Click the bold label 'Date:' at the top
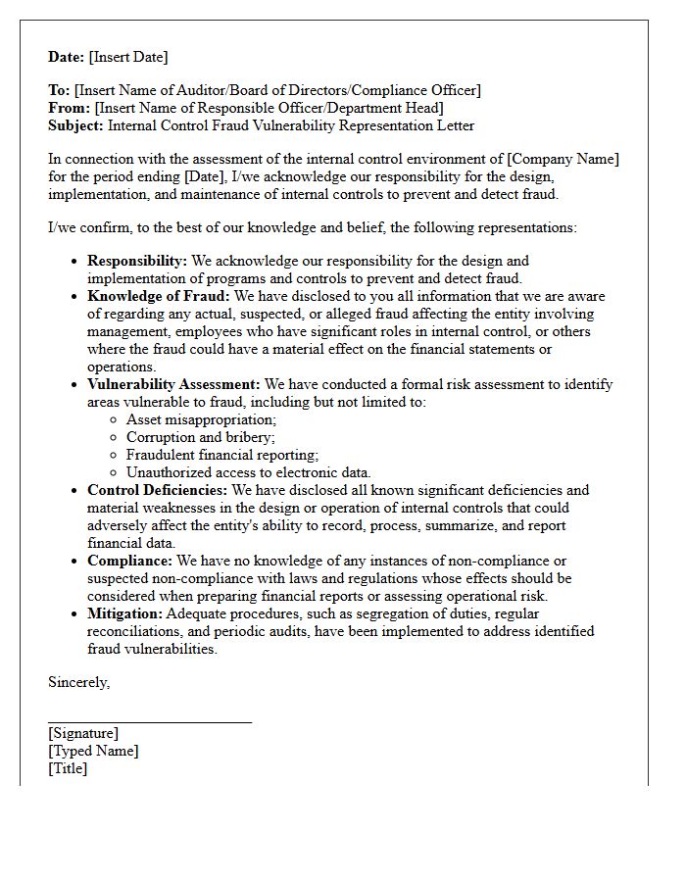[x=67, y=57]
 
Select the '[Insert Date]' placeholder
[x=128, y=57]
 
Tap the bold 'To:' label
[x=59, y=91]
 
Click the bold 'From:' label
[x=70, y=108]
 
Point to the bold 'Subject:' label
[x=75, y=125]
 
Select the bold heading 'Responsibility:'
[x=137, y=261]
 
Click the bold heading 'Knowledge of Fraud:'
[x=158, y=296]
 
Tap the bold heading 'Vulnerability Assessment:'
[x=173, y=384]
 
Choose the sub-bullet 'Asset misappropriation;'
[x=201, y=419]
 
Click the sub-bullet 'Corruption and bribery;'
[x=201, y=437]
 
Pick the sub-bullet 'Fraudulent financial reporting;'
[x=222, y=455]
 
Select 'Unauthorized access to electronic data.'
[x=248, y=472]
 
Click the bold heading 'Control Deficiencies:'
[x=157, y=490]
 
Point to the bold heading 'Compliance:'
[x=129, y=561]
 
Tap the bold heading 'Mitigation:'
[x=124, y=613]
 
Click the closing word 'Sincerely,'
[x=79, y=683]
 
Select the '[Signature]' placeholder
[x=83, y=733]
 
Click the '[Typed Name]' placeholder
[x=93, y=751]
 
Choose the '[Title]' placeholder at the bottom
[x=68, y=768]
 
